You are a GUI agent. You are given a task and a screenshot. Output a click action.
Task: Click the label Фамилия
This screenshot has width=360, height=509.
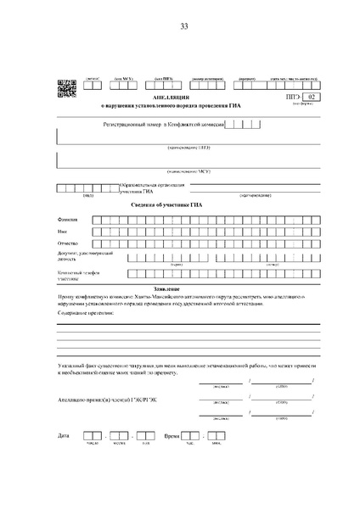click(67, 219)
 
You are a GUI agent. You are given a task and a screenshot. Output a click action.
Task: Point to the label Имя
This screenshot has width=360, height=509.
click(62, 231)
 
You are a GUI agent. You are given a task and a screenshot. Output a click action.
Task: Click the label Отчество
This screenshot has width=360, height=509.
click(68, 243)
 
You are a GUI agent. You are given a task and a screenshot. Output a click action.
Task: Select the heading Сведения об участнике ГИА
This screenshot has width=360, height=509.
click(183, 205)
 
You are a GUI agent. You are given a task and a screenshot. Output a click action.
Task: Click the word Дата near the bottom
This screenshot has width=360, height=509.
click(64, 435)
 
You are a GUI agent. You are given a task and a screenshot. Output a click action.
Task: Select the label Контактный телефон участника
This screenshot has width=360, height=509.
click(72, 275)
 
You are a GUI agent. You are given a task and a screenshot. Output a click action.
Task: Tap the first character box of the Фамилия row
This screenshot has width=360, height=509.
click(98, 219)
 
